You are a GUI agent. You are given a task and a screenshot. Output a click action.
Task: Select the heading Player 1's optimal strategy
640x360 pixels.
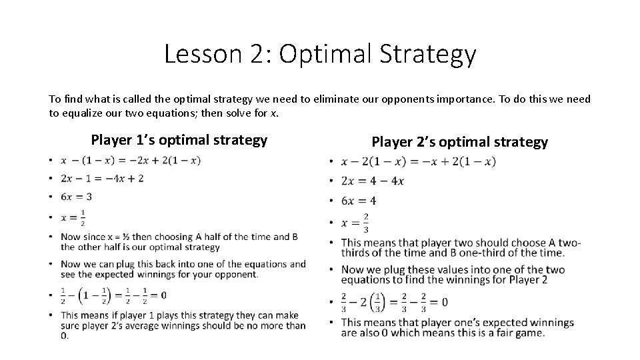pyautogui.click(x=179, y=140)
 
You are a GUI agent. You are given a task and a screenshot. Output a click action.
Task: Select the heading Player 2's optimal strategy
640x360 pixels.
pyautogui.click(x=459, y=141)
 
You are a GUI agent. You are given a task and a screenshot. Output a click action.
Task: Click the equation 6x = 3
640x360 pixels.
pyautogui.click(x=76, y=197)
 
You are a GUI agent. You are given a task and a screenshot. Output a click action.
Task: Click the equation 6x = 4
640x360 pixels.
pyautogui.click(x=359, y=201)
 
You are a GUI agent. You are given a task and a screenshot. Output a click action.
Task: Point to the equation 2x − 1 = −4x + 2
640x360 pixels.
pyautogui.click(x=101, y=178)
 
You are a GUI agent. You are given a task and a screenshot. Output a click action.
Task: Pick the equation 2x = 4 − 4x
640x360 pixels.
pyautogui.click(x=372, y=181)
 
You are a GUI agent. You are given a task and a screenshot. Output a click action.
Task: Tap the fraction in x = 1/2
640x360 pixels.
pyautogui.click(x=83, y=217)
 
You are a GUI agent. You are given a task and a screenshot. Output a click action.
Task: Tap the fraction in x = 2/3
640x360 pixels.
pyautogui.click(x=365, y=223)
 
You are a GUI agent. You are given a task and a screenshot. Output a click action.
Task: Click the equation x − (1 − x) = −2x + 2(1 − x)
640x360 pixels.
pyautogui.click(x=130, y=160)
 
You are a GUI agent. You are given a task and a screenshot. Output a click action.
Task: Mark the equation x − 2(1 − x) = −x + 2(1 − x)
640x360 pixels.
pyautogui.click(x=418, y=161)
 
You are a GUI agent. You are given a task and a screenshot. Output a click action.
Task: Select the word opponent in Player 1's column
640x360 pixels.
pyautogui.click(x=235, y=275)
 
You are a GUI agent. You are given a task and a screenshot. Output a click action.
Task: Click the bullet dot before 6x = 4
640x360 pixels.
pyautogui.click(x=331, y=201)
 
